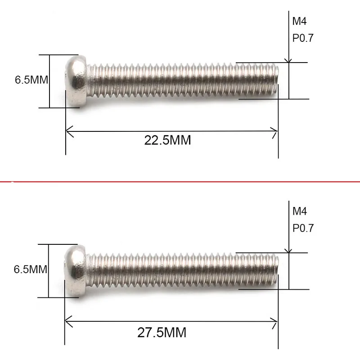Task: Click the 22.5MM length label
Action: tap(167, 140)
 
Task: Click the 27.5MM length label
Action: tap(162, 333)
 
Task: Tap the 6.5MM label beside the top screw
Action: tap(31, 80)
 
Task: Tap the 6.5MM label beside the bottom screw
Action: tap(31, 270)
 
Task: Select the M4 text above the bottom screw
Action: tap(300, 211)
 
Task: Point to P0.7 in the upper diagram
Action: tap(303, 38)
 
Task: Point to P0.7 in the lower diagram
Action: tap(303, 228)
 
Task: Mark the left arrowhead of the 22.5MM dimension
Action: tap(68, 131)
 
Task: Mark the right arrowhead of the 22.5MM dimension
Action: tap(275, 131)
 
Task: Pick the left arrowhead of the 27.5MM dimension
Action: tap(68, 321)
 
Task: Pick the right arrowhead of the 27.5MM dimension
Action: tap(275, 321)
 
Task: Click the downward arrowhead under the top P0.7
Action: tap(289, 60)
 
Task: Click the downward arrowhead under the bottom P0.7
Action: tap(289, 250)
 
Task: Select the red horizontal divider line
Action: tap(180, 181)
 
